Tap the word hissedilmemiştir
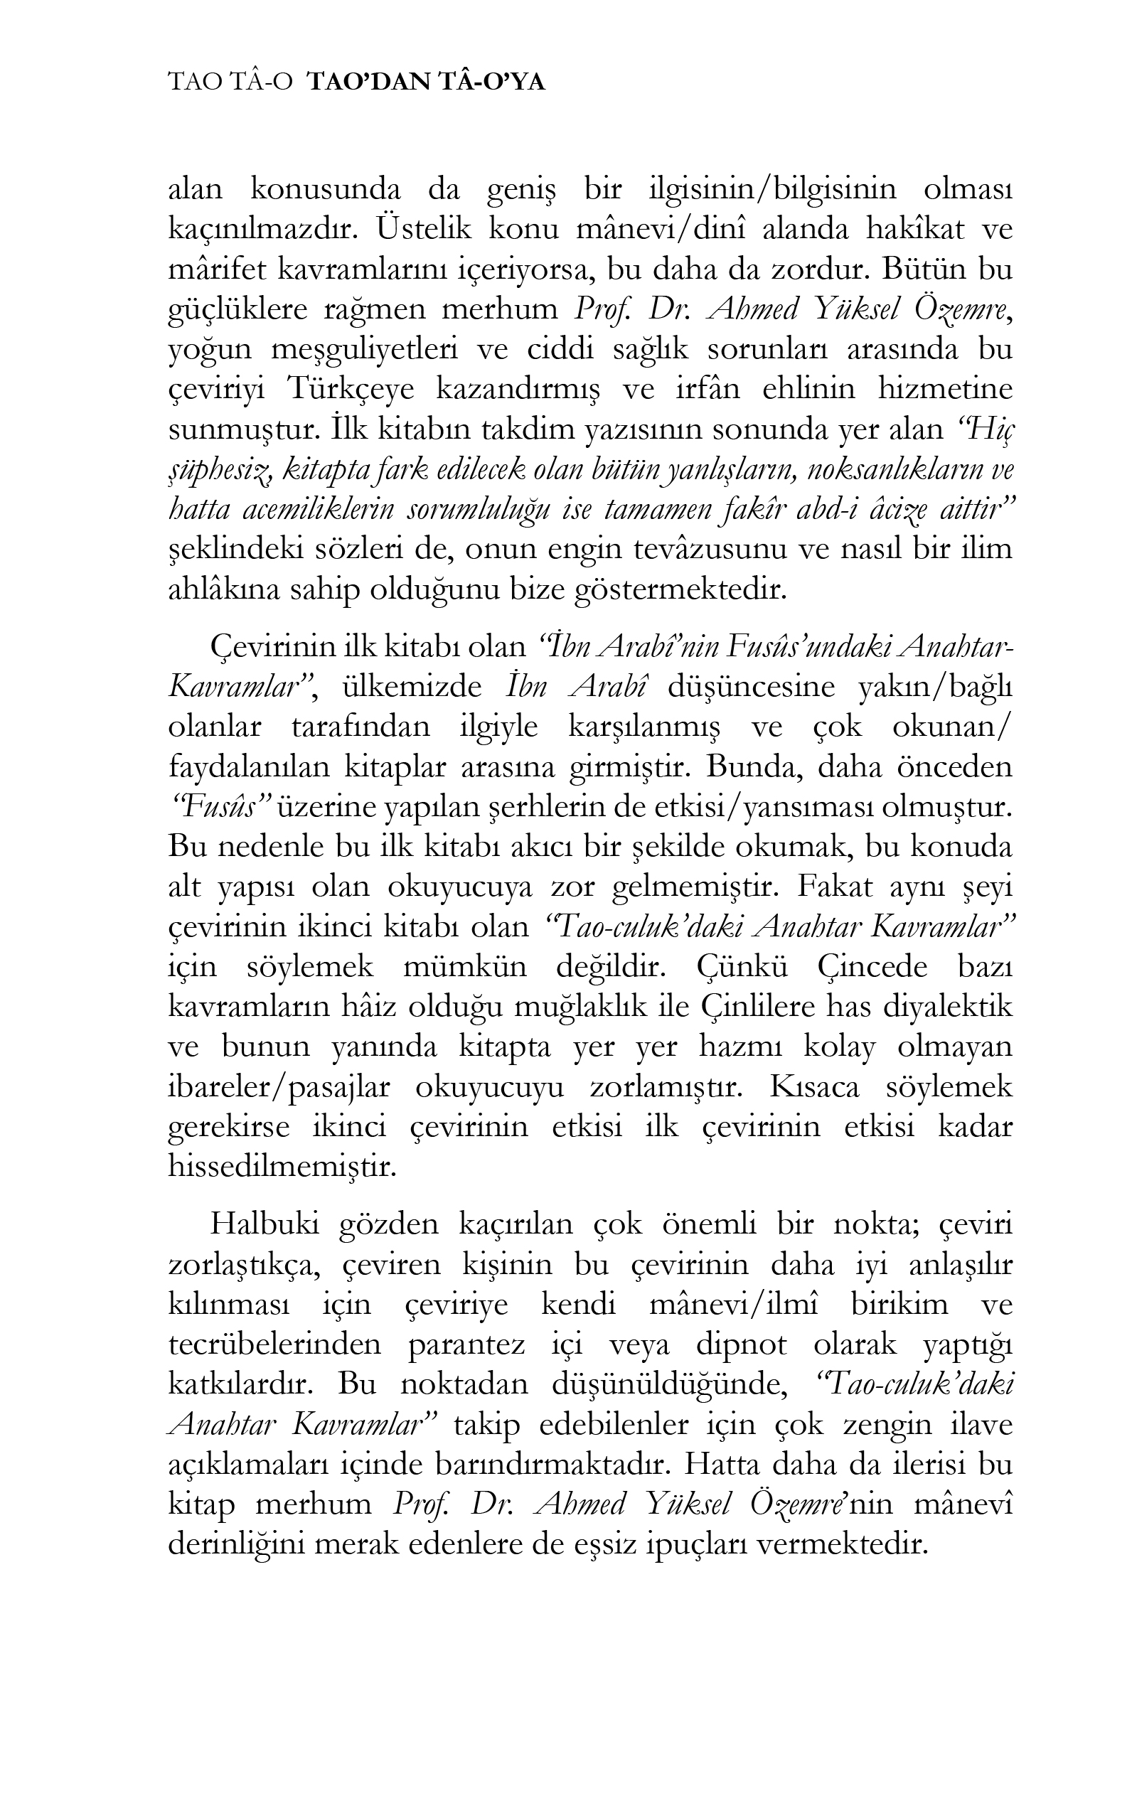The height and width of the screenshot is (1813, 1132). click(x=282, y=1167)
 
